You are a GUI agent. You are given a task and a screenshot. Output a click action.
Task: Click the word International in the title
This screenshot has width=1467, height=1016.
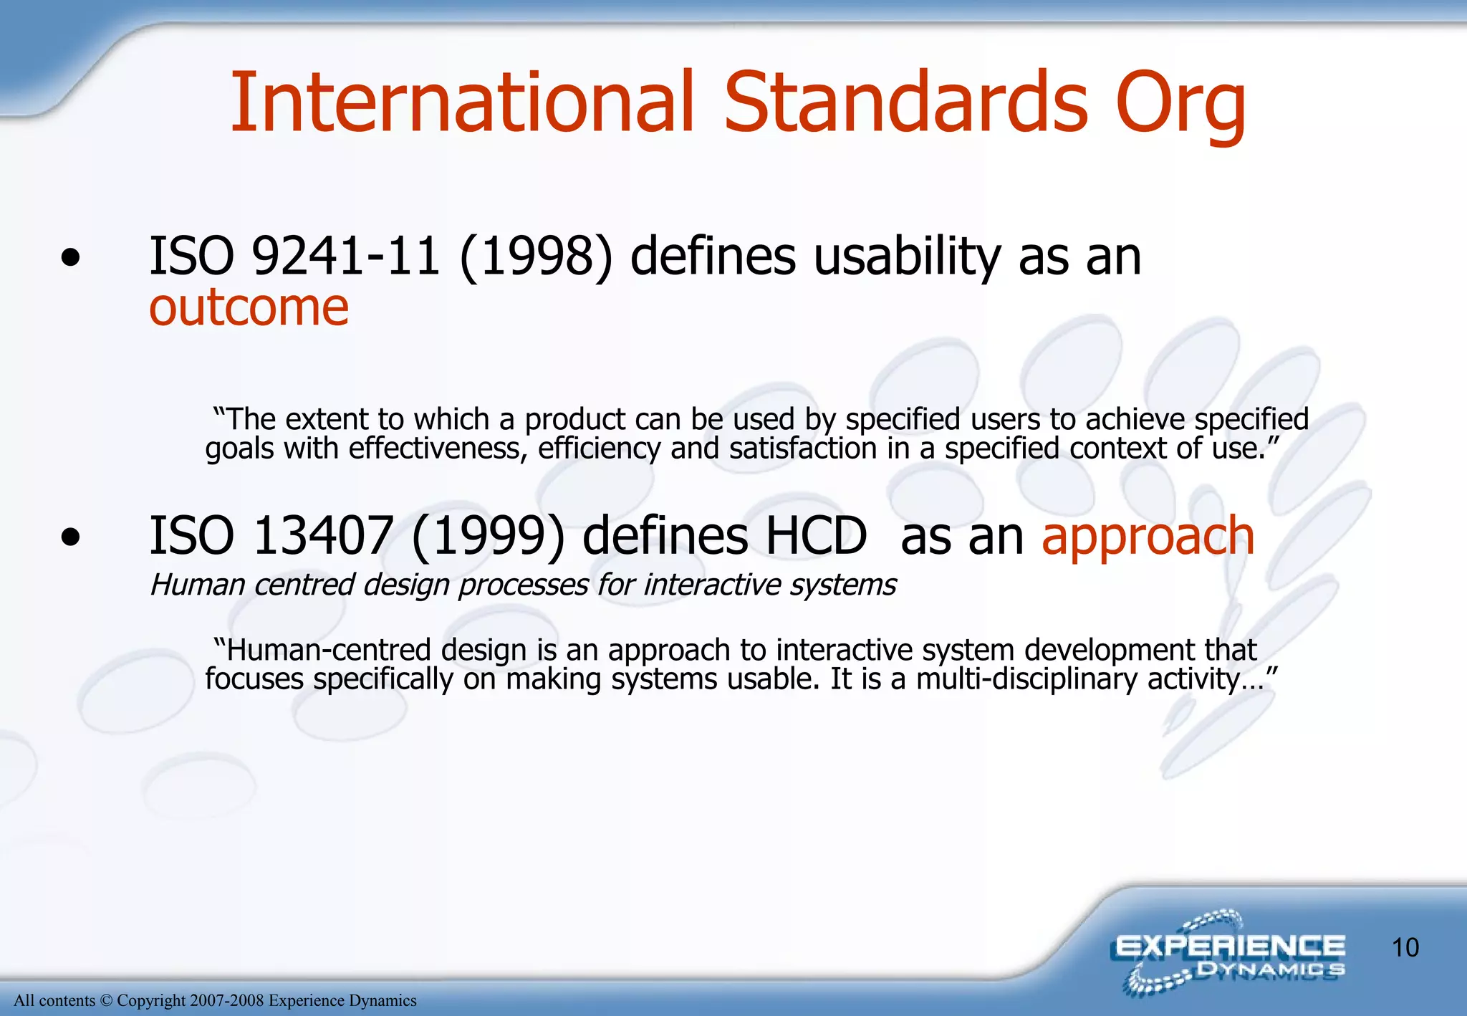tap(462, 104)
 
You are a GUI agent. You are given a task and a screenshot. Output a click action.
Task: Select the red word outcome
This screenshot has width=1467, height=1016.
tap(249, 308)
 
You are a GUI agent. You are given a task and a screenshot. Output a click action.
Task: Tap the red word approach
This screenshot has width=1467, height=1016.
tap(1148, 537)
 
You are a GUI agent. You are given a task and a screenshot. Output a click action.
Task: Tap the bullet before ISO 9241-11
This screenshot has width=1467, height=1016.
tap(70, 258)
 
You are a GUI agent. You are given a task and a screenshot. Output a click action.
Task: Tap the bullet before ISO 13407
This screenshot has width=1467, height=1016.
tap(70, 537)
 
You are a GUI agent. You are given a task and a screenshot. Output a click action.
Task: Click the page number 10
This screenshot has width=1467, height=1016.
tap(1405, 948)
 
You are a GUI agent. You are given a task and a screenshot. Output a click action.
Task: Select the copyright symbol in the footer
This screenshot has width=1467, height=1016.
tap(106, 1001)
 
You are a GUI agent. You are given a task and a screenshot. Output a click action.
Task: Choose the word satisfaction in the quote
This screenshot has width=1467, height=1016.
tap(802, 449)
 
